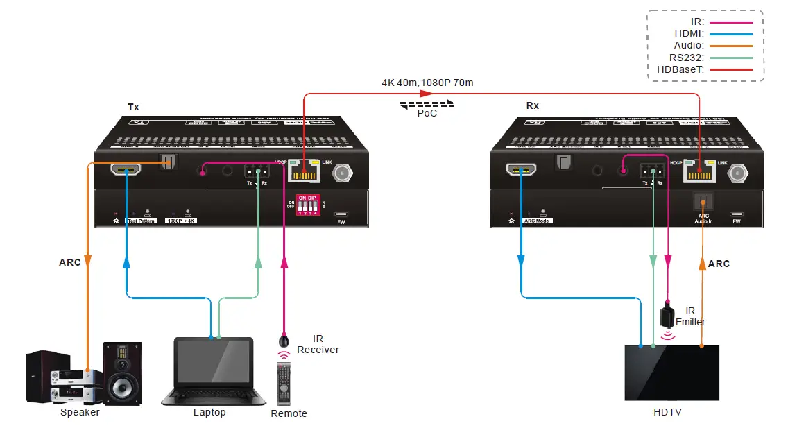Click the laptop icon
coord(214,370)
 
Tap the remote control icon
coord(284,384)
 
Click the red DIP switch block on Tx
coord(307,205)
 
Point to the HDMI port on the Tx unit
coord(126,169)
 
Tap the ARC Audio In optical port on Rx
coord(703,203)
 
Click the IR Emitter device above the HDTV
coord(667,316)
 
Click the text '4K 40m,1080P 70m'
coord(427,83)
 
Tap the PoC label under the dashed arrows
coord(427,113)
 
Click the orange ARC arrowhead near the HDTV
coord(703,264)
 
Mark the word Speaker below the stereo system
coord(80,412)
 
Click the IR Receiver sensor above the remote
coord(284,341)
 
